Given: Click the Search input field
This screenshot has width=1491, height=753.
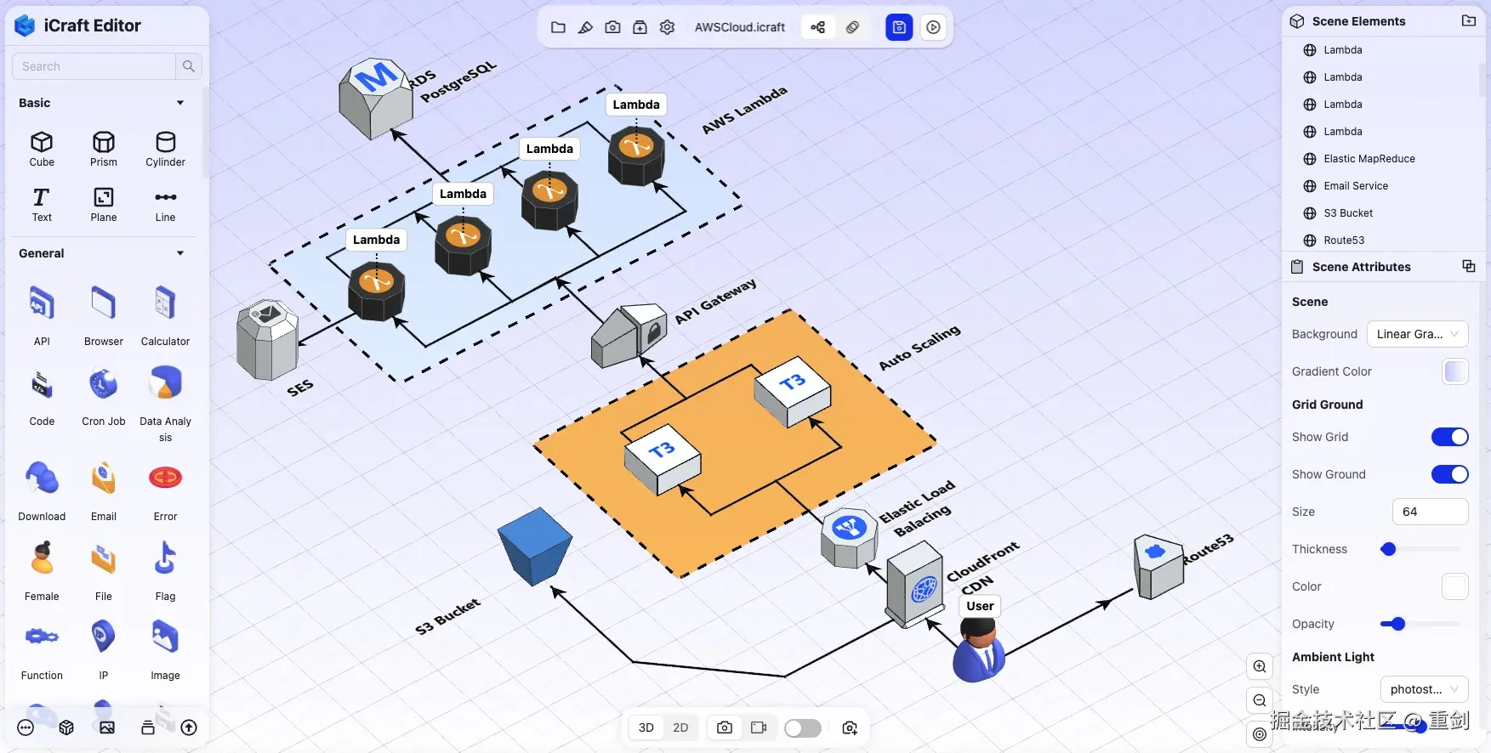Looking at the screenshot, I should tap(94, 66).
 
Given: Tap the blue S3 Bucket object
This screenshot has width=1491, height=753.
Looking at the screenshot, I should tap(534, 546).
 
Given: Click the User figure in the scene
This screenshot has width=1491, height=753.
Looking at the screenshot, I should tap(979, 651).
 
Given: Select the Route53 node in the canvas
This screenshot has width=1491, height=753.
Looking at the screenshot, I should tap(1158, 566).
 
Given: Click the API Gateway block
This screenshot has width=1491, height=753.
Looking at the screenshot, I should tap(629, 335).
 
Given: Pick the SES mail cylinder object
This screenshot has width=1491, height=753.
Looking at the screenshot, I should tap(267, 340).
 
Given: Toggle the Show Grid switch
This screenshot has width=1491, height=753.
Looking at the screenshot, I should tap(1449, 437).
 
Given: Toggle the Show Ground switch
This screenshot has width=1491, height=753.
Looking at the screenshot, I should tap(1449, 474).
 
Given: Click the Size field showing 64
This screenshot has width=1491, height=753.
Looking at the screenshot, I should tap(1429, 512).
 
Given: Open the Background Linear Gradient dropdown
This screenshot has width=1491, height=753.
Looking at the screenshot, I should tap(1417, 334).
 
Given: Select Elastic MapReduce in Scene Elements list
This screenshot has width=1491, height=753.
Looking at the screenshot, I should tap(1369, 159).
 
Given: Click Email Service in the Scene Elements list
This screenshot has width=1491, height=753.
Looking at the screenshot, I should tap(1355, 186).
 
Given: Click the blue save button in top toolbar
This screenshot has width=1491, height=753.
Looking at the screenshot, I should tap(899, 27).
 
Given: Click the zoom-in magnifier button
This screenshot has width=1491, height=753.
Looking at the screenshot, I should tap(1260, 666).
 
